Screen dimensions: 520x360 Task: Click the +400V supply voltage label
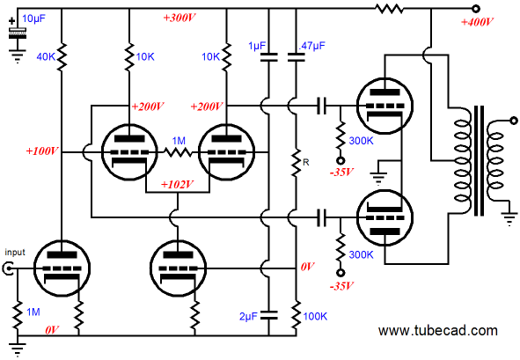pyautogui.click(x=477, y=22)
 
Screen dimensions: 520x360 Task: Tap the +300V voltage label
pyautogui.click(x=179, y=18)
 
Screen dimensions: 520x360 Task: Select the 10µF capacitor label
pyautogui.click(x=33, y=18)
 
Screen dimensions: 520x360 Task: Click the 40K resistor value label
pyautogui.click(x=46, y=57)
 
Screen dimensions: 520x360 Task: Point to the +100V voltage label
pyautogui.click(x=42, y=151)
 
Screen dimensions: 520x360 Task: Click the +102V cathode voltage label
pyautogui.click(x=177, y=185)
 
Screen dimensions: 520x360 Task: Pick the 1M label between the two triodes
pyautogui.click(x=179, y=141)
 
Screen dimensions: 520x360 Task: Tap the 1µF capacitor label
pyautogui.click(x=257, y=46)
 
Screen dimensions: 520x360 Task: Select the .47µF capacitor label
pyautogui.click(x=311, y=46)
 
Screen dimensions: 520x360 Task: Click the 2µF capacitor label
pyautogui.click(x=248, y=317)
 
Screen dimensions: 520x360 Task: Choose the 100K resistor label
pyautogui.click(x=315, y=316)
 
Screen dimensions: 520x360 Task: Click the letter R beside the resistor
pyautogui.click(x=306, y=162)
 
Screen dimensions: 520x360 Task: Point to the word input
pyautogui.click(x=15, y=253)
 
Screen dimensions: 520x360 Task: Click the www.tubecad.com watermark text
pyautogui.click(x=438, y=330)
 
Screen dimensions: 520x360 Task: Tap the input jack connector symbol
pyautogui.click(x=8, y=268)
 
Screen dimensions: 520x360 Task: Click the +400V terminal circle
pyautogui.click(x=475, y=9)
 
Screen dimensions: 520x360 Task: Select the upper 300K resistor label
pyautogui.click(x=361, y=141)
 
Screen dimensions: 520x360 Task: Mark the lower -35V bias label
pyautogui.click(x=341, y=286)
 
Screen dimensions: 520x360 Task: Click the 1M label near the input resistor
pyautogui.click(x=33, y=312)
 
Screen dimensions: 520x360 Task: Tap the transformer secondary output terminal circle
pyautogui.click(x=513, y=121)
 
